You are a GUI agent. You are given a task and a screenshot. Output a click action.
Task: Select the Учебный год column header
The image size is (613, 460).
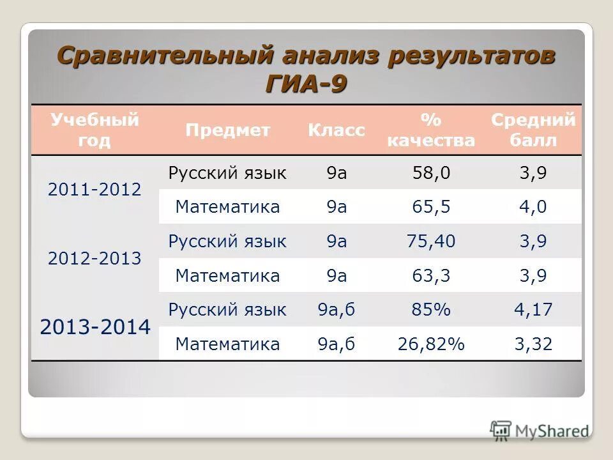95,130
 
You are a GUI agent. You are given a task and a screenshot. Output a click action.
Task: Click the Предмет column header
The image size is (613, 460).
228,130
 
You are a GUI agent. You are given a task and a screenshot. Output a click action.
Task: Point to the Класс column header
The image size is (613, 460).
337,130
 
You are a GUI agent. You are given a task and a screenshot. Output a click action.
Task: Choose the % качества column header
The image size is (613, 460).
431,130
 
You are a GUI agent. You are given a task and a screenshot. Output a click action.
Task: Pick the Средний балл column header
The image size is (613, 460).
533,130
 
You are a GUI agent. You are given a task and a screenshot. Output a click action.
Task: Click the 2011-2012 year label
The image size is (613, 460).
95,190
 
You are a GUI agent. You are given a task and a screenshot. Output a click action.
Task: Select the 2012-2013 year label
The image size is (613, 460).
95,259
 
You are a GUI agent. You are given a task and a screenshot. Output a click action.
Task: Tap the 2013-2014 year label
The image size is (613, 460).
95,328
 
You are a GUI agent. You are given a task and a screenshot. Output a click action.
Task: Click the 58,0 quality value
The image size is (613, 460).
431,173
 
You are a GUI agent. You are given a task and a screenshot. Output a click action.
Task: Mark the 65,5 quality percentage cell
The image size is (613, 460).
431,207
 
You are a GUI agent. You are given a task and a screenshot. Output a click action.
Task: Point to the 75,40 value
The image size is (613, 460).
431,241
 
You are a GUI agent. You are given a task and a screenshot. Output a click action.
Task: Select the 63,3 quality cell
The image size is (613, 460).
431,276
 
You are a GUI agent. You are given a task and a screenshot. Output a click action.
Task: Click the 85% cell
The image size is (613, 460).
431,310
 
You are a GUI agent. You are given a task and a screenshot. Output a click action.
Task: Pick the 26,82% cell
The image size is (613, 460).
431,345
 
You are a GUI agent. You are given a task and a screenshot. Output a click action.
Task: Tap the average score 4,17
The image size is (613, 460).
533,310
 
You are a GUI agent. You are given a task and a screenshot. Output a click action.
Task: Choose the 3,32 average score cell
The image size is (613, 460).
533,345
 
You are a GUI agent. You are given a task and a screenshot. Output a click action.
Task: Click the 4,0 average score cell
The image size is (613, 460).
533,207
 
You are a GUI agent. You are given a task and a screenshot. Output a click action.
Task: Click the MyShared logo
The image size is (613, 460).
540,431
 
